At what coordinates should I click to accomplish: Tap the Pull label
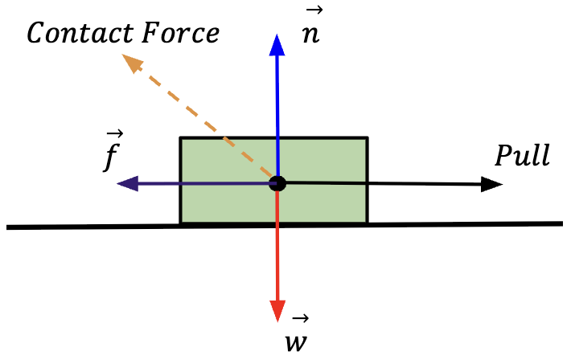tap(522, 155)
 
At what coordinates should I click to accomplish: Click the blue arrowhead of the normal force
tap(277, 45)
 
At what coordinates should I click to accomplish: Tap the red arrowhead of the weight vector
tap(277, 310)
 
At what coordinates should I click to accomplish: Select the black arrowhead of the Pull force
tap(492, 184)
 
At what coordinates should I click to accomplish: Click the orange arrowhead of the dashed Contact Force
tap(129, 62)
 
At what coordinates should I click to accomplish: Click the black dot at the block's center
tap(277, 183)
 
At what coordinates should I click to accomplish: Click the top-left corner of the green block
tap(180, 138)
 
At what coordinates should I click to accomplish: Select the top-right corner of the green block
tap(368, 138)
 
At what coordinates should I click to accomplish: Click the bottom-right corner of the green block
tap(368, 223)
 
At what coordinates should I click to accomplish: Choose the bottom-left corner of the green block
tap(180, 223)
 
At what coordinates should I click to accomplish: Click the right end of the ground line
tap(561, 223)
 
